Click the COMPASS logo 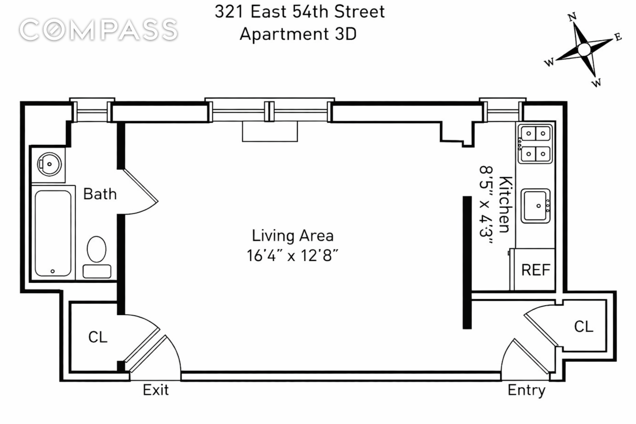[99, 29]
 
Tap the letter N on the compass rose [572, 17]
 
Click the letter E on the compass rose [618, 37]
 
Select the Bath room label [100, 194]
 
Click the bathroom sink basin [49, 164]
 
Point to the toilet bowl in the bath [96, 249]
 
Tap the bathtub [53, 233]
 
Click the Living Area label [293, 236]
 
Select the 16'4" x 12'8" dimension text [293, 255]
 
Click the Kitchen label [506, 205]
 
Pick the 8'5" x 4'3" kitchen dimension [486, 205]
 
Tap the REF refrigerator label [536, 270]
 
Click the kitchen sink [535, 206]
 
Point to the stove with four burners [535, 144]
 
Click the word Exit [156, 390]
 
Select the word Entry [526, 391]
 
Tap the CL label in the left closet [98, 337]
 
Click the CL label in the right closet [583, 327]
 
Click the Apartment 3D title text [298, 35]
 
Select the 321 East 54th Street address [299, 12]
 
